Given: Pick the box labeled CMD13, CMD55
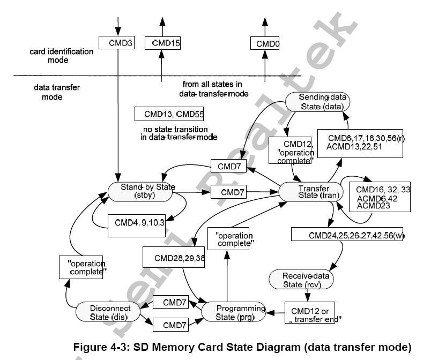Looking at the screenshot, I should pos(170,114).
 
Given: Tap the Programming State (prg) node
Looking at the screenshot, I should pos(234,312).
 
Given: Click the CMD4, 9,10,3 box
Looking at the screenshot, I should pos(135,221).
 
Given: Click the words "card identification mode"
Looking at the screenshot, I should pos(62,56).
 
